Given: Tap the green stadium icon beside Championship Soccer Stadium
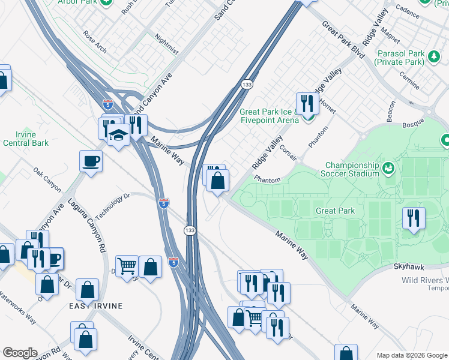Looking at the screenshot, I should (388, 166).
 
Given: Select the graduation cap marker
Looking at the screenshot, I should (119, 136).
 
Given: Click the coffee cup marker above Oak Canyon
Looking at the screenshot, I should (91, 161).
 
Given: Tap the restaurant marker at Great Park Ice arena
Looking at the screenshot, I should (307, 103).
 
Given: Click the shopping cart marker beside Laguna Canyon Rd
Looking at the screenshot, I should (127, 266).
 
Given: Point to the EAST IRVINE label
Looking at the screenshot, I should (95, 306).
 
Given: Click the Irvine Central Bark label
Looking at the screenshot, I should (26, 139).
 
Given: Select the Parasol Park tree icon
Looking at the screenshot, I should (433, 56).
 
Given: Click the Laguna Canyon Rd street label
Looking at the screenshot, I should (87, 226).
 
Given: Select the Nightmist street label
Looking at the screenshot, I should (166, 44).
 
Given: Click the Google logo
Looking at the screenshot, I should (20, 353).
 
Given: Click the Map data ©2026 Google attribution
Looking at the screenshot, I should (411, 355).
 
